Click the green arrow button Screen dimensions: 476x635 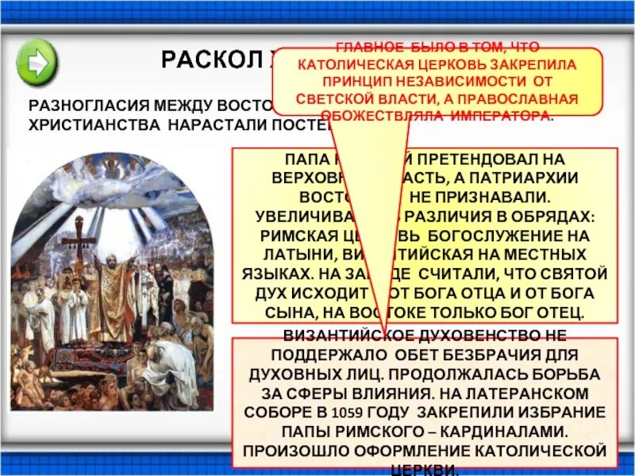tap(37, 59)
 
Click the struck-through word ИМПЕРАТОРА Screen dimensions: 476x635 tap(499, 116)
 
